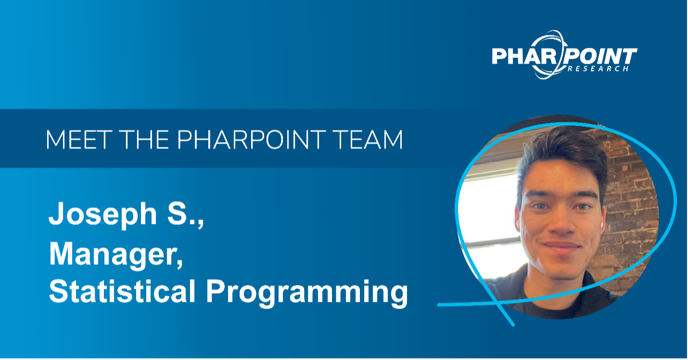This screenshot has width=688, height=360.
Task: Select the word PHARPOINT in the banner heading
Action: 251,140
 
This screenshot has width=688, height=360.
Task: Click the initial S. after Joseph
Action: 182,214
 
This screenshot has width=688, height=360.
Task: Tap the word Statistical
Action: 122,291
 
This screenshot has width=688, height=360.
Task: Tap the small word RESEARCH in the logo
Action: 598,69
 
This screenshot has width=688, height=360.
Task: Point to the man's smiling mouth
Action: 561,246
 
